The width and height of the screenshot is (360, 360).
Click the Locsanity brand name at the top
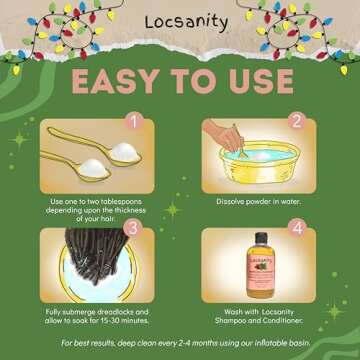click(179, 21)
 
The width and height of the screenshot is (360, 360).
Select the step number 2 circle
click(297, 123)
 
